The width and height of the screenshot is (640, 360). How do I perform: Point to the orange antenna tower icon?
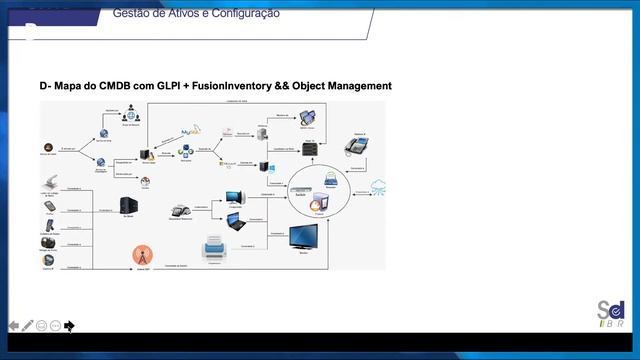[141, 255]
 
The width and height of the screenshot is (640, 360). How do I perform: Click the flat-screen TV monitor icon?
[303, 239]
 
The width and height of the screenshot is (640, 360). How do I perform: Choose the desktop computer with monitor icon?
[234, 196]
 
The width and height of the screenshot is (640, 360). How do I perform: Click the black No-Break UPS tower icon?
[128, 206]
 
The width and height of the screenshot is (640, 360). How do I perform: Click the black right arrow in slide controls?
[69, 326]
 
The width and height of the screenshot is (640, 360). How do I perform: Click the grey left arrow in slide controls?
[14, 326]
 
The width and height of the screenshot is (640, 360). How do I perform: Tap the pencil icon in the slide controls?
[28, 326]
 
